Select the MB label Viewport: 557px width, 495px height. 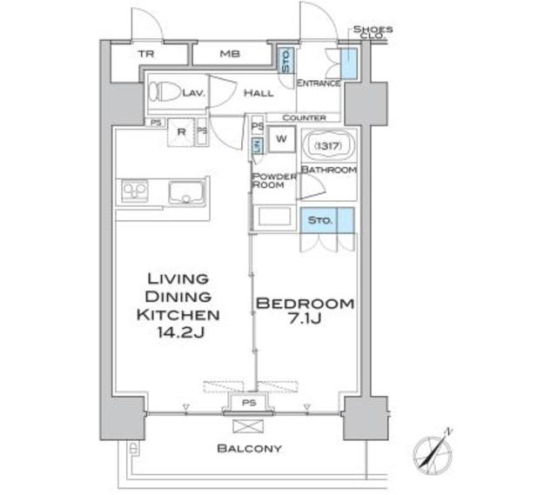click(x=229, y=54)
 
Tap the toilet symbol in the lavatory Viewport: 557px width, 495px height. click(x=166, y=90)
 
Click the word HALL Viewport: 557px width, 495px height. click(x=258, y=92)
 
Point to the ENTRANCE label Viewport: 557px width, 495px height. click(x=318, y=84)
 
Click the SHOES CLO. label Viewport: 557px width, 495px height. click(x=372, y=33)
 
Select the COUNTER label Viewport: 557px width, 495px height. click(x=304, y=117)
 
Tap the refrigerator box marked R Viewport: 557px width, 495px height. click(x=181, y=132)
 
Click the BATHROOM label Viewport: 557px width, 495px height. click(x=328, y=170)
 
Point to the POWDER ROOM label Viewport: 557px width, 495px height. click(x=272, y=180)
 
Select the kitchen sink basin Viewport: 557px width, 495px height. click(x=185, y=192)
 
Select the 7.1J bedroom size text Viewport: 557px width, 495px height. click(x=304, y=322)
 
